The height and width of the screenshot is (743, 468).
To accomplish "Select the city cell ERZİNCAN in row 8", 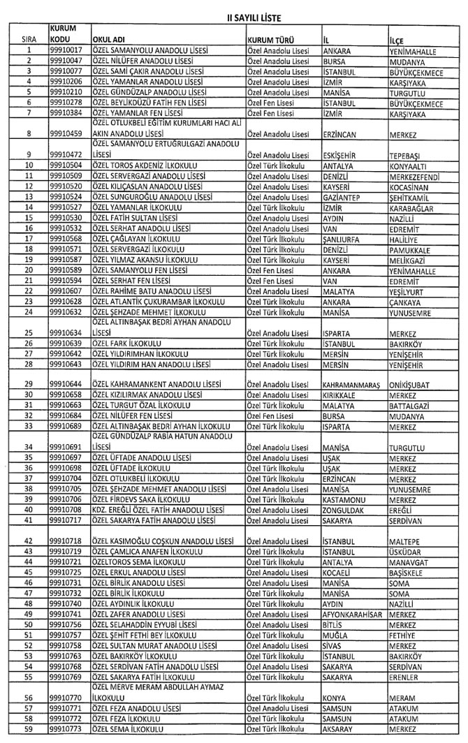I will pos(339,133).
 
